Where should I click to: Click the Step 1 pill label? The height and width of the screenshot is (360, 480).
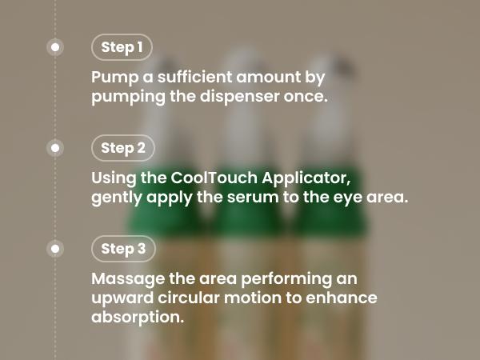(x=122, y=47)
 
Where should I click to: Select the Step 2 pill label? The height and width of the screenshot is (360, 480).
(x=122, y=148)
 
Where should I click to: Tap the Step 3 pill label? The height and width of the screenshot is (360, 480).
(x=123, y=249)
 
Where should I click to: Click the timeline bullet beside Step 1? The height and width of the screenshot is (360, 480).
(x=55, y=47)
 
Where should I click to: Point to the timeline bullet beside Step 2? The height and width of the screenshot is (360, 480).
(x=55, y=148)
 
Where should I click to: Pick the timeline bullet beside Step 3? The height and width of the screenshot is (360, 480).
(x=55, y=249)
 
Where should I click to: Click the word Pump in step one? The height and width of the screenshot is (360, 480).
(x=114, y=78)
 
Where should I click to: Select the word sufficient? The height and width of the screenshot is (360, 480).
(x=194, y=77)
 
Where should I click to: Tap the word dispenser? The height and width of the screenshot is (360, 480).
(x=240, y=97)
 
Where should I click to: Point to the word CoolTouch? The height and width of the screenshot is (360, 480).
(x=214, y=178)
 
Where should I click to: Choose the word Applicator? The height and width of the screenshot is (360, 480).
(x=306, y=178)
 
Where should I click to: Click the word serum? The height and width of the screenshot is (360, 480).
(x=253, y=198)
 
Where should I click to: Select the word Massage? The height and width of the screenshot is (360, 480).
(x=128, y=280)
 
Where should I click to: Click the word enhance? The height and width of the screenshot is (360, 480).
(x=342, y=298)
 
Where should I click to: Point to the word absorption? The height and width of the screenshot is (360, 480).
(x=138, y=318)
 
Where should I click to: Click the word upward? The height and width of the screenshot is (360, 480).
(x=122, y=298)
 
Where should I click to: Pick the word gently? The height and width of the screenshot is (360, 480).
(x=117, y=198)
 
